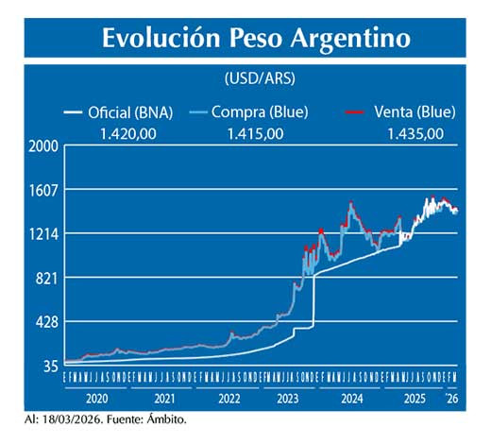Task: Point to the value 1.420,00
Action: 135,133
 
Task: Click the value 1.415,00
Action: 255,133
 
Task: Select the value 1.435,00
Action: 415,133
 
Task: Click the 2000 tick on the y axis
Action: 43,146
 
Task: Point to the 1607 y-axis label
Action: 43,190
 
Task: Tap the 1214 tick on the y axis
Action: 43,234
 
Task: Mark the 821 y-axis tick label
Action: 46,278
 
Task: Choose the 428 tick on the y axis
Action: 46,322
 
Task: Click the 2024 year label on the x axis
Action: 352,399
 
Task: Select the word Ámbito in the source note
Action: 166,418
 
